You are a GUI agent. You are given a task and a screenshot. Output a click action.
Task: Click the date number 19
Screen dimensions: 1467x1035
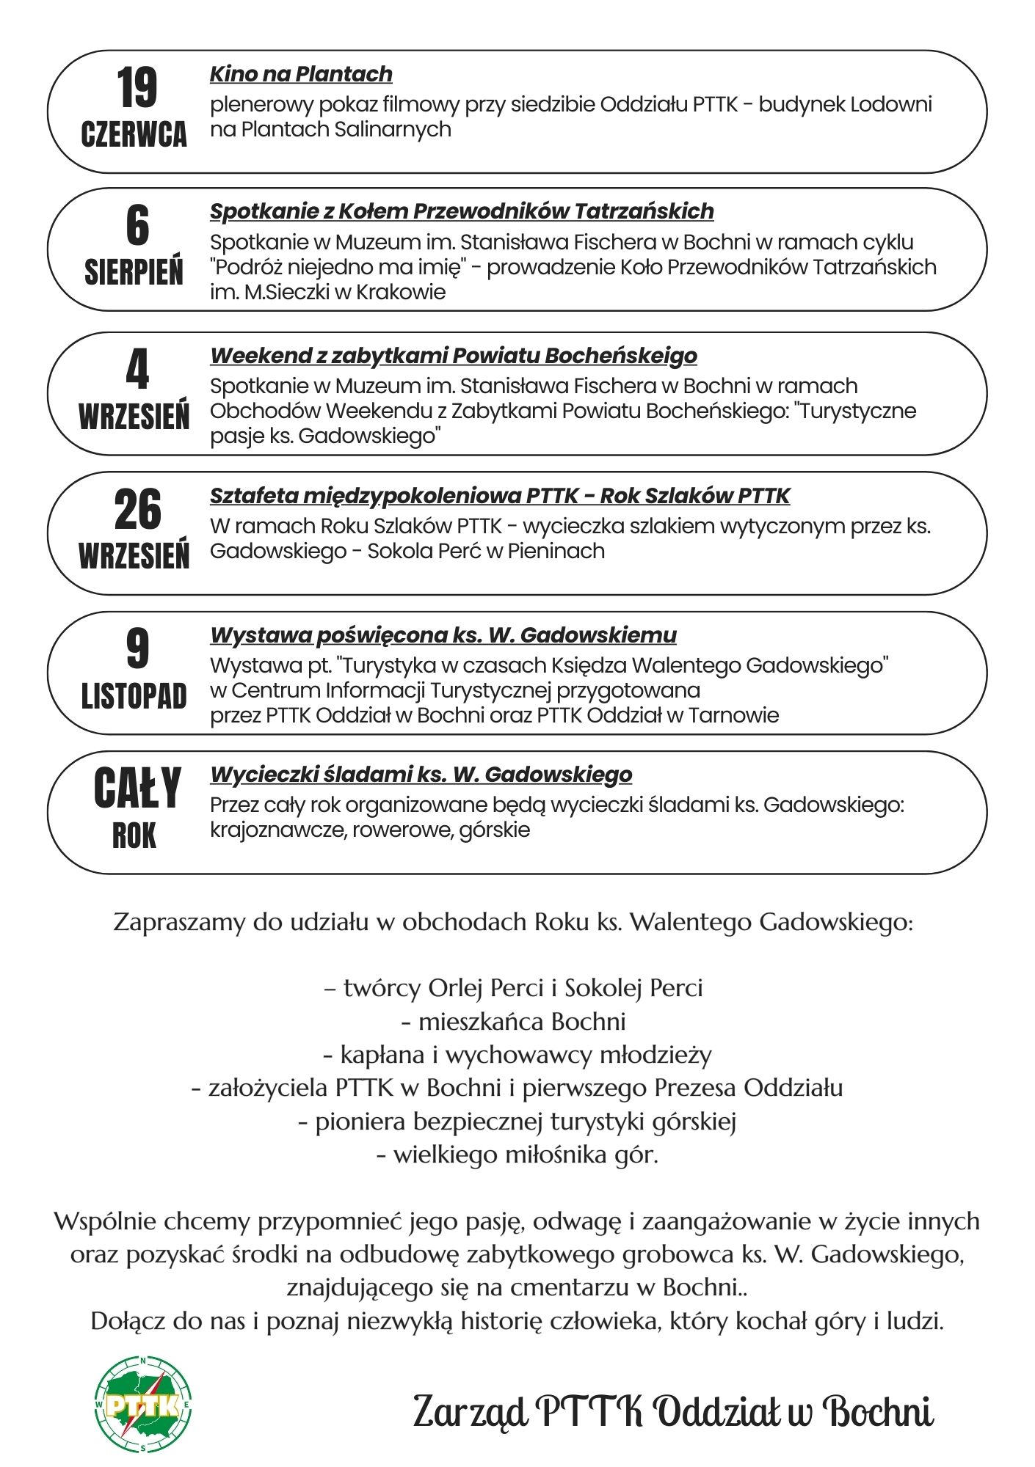coord(137,87)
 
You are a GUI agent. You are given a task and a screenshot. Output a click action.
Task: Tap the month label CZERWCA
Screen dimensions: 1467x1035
coord(134,134)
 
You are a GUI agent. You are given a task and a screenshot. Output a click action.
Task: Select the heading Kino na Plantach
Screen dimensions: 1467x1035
coord(301,74)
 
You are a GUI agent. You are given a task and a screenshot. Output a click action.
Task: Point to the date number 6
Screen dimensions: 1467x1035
coord(137,225)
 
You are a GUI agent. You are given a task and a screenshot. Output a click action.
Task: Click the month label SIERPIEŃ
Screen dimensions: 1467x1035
coord(134,272)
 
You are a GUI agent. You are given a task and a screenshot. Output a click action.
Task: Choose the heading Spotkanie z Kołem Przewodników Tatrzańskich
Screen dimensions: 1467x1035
coord(462,211)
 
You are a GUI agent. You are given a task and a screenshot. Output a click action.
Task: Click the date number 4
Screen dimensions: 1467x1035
coord(137,369)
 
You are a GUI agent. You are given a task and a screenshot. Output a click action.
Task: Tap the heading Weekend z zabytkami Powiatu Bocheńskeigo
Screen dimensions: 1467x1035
coord(454,356)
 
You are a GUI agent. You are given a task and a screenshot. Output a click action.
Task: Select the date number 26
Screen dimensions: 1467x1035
coord(137,510)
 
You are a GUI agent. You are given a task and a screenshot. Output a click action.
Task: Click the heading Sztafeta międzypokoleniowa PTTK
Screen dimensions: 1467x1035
coord(500,496)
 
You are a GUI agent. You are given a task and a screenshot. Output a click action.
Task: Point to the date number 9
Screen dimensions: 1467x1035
coord(137,649)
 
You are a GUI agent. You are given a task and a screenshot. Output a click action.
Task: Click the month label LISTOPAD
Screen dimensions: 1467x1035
coord(134,696)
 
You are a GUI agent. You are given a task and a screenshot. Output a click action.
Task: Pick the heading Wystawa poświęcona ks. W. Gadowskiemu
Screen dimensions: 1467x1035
coord(443,635)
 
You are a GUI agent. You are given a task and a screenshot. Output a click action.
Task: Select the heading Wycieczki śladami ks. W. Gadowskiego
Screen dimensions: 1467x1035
coord(421,775)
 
